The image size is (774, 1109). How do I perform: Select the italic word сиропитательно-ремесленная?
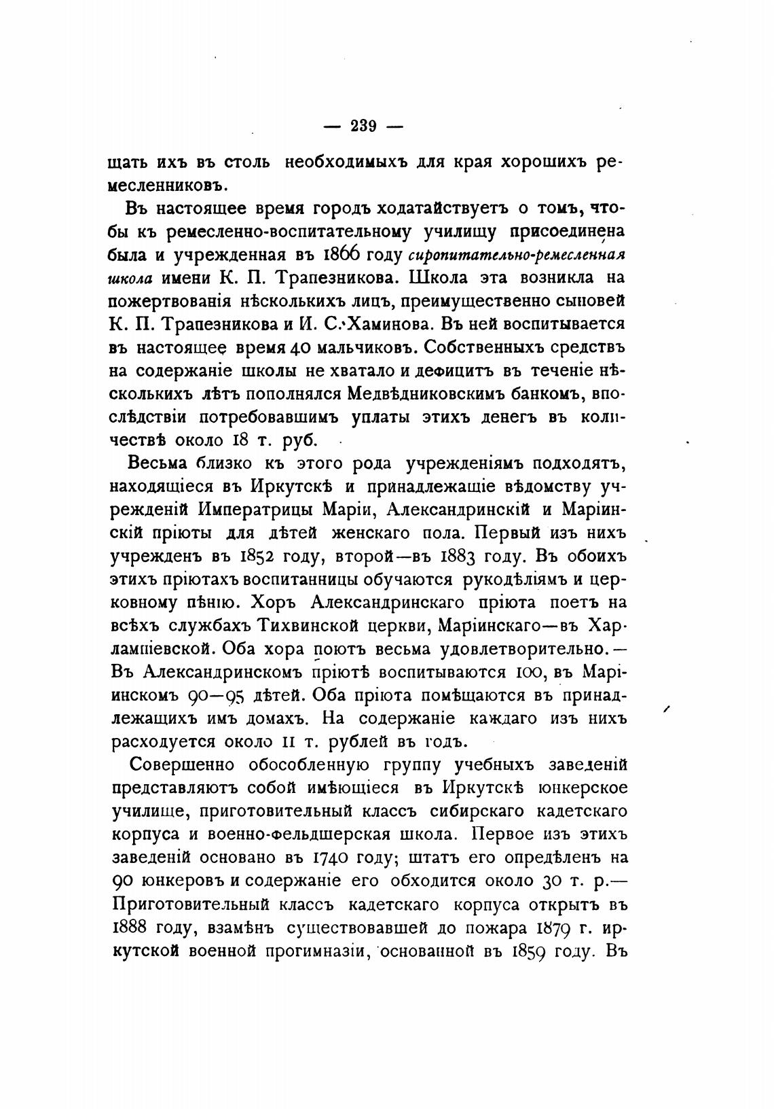517,256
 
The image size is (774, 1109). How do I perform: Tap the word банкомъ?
534,393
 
